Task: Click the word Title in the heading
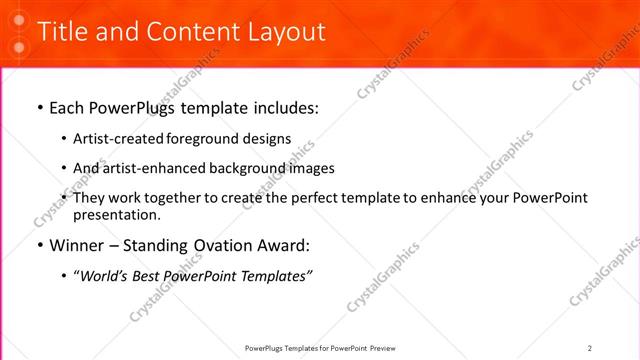[x=61, y=32]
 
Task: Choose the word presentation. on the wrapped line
[x=117, y=214]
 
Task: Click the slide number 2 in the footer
[x=590, y=347]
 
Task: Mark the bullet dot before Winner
[x=39, y=245]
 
